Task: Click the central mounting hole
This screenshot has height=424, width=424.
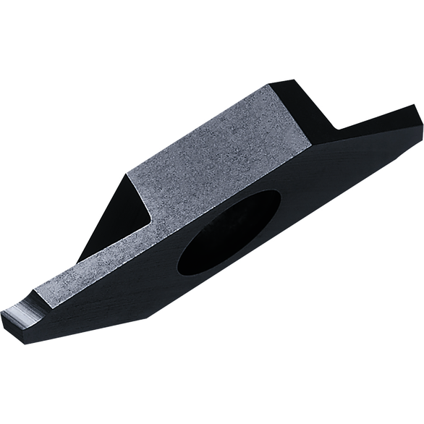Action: pyautogui.click(x=228, y=233)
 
